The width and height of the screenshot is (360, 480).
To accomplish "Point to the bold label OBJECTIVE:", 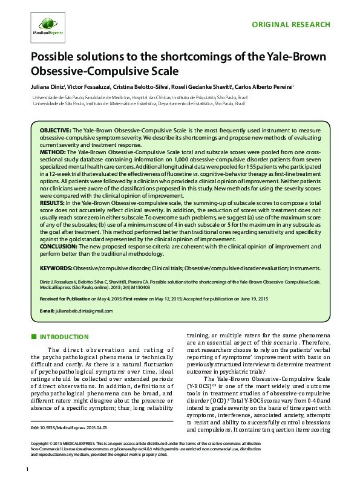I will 55,131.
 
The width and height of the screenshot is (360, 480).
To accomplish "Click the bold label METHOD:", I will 53,152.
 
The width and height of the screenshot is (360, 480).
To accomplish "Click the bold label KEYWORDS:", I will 57,267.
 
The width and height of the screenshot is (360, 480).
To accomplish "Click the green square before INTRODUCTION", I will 34,337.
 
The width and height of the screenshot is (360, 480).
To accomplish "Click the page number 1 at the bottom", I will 28,470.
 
